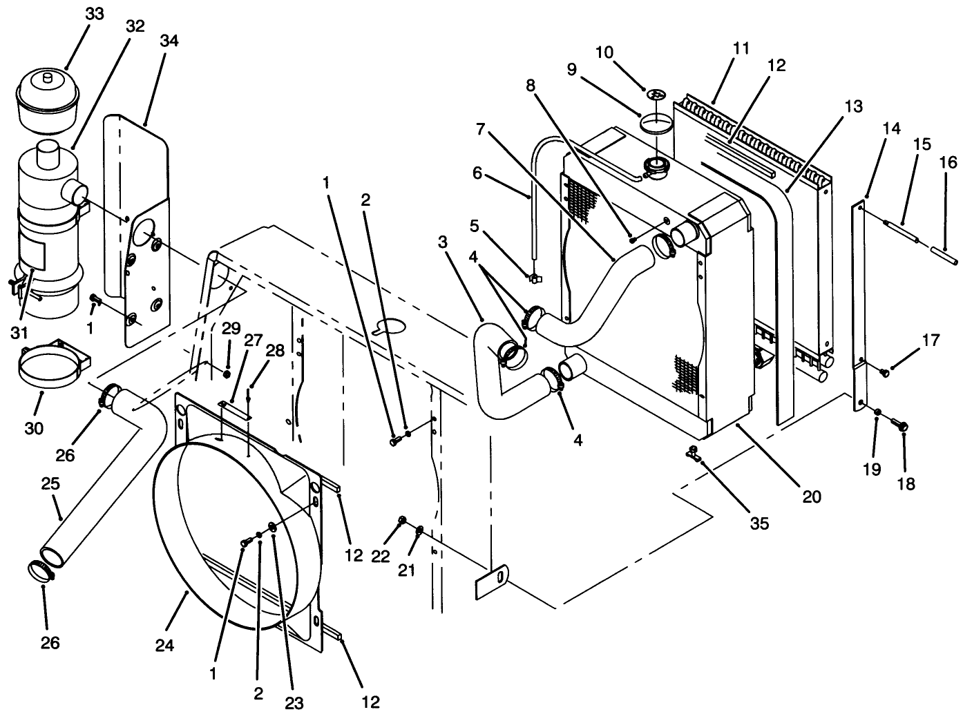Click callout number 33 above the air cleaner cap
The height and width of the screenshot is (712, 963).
pos(94,15)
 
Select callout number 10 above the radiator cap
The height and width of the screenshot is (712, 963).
pos(604,52)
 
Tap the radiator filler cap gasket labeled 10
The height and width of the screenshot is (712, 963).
pos(653,95)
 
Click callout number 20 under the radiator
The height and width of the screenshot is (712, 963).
pos(812,495)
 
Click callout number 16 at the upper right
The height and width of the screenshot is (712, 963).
pos(948,162)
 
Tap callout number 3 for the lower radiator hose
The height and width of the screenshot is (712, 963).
pos(443,242)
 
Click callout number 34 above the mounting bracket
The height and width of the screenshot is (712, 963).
pos(169,41)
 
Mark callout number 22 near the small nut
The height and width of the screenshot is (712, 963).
pos(379,557)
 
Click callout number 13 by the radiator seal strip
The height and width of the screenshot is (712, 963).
pos(852,106)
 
